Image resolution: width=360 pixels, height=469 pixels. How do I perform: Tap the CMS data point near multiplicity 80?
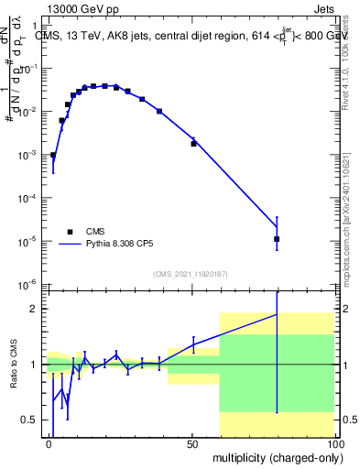(277, 239)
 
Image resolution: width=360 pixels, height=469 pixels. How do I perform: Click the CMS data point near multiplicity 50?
(193, 143)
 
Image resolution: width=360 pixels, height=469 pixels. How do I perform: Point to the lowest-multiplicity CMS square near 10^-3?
(53, 155)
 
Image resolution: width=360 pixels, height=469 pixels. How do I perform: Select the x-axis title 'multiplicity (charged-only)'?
(272, 456)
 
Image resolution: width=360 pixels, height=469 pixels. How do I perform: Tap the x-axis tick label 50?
(192, 443)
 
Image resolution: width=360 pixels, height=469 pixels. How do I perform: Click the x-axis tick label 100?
(333, 443)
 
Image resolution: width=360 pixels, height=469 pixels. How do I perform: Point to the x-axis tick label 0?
(49, 443)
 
